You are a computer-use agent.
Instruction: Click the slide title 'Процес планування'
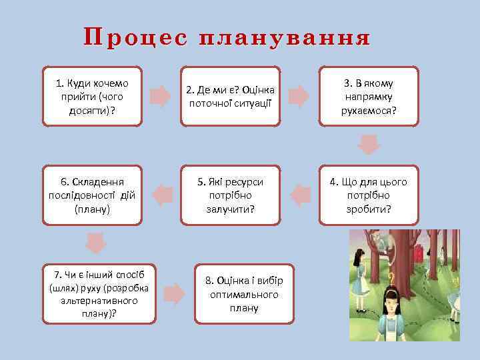point(227,38)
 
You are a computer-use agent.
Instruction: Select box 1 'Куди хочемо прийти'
point(92,96)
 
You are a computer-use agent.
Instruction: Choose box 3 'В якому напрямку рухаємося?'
point(369,96)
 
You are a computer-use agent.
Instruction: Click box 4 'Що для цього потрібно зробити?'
point(369,195)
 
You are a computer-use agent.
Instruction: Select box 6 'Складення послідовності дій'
point(92,195)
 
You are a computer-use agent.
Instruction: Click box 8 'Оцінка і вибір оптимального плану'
point(243,294)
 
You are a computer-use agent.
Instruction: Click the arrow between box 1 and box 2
point(160,97)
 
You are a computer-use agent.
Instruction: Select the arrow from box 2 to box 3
point(299,97)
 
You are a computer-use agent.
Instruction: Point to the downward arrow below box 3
point(369,144)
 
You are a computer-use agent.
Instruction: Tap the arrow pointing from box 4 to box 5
point(301,195)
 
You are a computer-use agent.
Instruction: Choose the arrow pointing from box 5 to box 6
point(162,195)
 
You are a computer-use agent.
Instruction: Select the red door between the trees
point(419,254)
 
